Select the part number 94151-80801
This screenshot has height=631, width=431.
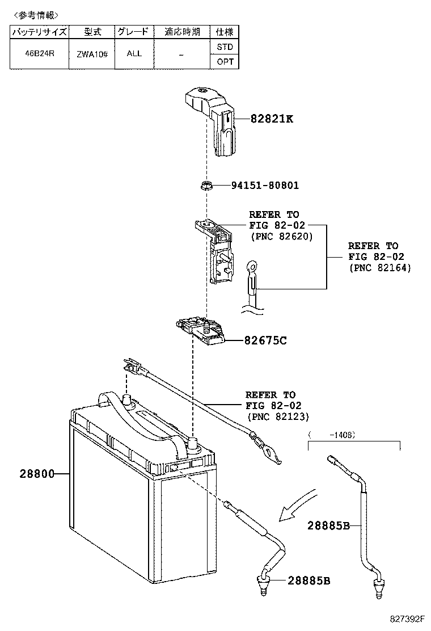pos(265,186)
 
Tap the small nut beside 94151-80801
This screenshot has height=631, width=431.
pos(207,185)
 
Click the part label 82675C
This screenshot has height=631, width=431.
pos(265,340)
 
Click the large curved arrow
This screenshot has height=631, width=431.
pos(298,504)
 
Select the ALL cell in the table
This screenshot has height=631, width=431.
pos(134,54)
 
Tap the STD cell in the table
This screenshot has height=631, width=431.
pos(225,47)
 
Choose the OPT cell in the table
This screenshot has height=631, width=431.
pos(225,62)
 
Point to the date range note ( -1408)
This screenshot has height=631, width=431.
pos(332,435)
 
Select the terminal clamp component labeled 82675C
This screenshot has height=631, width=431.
pos(203,331)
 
